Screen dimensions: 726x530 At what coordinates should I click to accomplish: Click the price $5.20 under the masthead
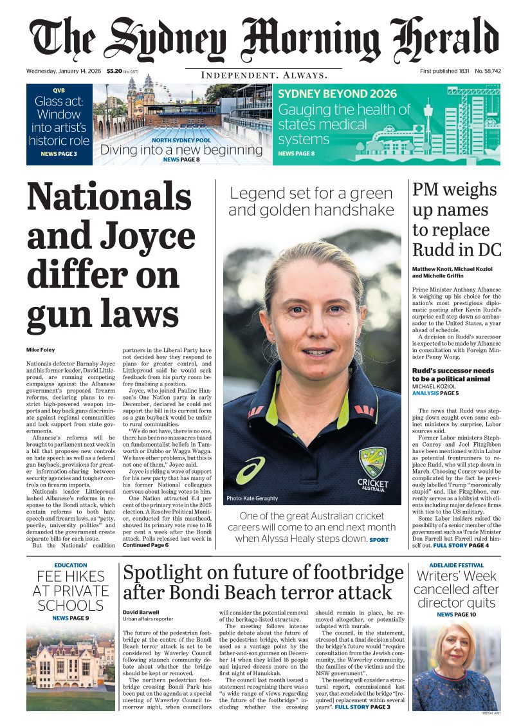[115, 71]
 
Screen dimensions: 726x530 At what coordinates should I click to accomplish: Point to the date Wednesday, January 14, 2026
[64, 71]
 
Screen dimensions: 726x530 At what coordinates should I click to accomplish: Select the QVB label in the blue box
[59, 91]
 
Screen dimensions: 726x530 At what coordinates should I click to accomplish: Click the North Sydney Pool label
[181, 140]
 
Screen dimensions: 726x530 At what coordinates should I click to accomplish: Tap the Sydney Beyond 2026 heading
[337, 94]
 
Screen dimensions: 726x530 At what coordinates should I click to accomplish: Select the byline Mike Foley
[41, 350]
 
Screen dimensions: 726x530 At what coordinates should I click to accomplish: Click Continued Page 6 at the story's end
[145, 545]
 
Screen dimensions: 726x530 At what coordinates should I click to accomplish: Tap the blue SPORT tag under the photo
[379, 540]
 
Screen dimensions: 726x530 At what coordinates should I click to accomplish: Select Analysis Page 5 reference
[435, 393]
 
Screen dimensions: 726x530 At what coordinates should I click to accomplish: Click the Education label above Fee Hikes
[71, 566]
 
